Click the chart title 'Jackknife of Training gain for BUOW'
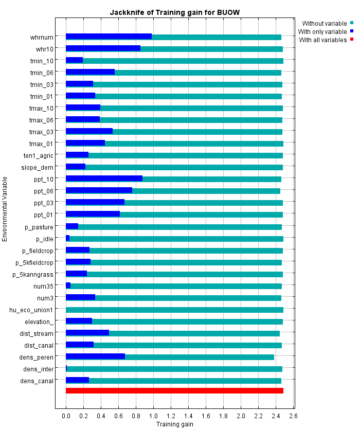[x=174, y=11]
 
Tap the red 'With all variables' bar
[x=174, y=391]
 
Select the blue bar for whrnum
[x=109, y=37]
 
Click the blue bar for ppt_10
[x=104, y=179]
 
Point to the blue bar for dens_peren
[x=95, y=356]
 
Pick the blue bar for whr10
[x=103, y=48]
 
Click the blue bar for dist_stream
[x=87, y=333]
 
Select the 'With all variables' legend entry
[x=323, y=40]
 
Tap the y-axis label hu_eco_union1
[x=31, y=310]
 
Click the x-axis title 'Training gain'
[x=174, y=424]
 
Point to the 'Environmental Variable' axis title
[x=5, y=208]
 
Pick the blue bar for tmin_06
[x=90, y=72]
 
